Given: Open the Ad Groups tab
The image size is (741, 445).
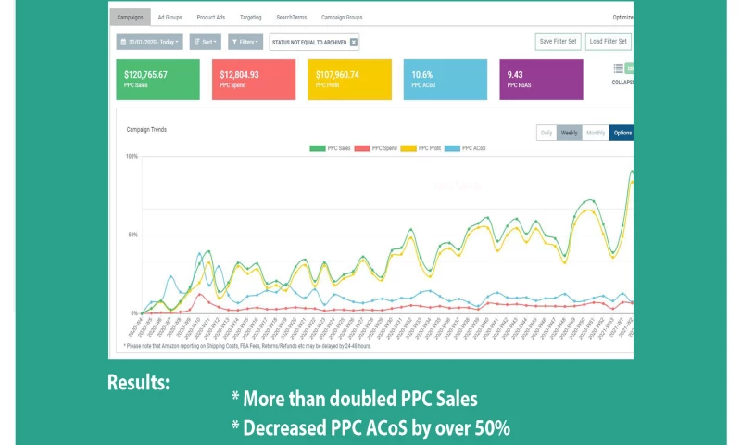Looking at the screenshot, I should tap(170, 17).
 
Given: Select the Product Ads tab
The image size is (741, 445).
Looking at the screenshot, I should tap(210, 17).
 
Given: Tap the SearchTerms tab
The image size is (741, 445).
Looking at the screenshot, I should tap(292, 17).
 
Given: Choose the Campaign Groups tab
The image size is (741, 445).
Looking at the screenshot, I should tap(342, 17).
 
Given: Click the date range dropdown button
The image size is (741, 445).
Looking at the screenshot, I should tap(149, 42).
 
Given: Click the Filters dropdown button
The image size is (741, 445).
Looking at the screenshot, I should tap(245, 42).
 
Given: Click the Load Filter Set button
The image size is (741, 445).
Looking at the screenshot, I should tap(608, 42).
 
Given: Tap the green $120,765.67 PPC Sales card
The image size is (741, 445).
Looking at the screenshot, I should tap(157, 79).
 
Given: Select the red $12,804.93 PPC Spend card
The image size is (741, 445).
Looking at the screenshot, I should tap(253, 79).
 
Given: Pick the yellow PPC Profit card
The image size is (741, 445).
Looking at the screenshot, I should tap(349, 79).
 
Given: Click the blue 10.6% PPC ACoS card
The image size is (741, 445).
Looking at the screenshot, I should tap(445, 79).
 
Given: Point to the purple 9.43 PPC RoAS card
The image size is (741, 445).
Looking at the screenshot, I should tap(541, 79).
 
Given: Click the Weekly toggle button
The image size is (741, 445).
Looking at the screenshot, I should tap(569, 133).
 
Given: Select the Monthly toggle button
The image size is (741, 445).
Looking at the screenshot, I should tap(595, 133).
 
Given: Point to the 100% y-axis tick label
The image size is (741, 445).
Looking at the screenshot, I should tap(132, 156).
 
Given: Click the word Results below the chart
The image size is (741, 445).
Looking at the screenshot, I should tap(138, 382).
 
